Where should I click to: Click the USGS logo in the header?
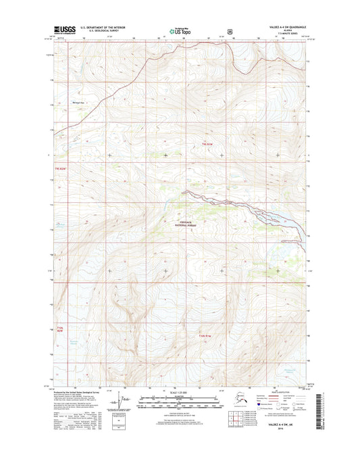(61, 30)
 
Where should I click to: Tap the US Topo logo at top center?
(179, 30)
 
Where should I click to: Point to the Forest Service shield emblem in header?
(231, 30)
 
